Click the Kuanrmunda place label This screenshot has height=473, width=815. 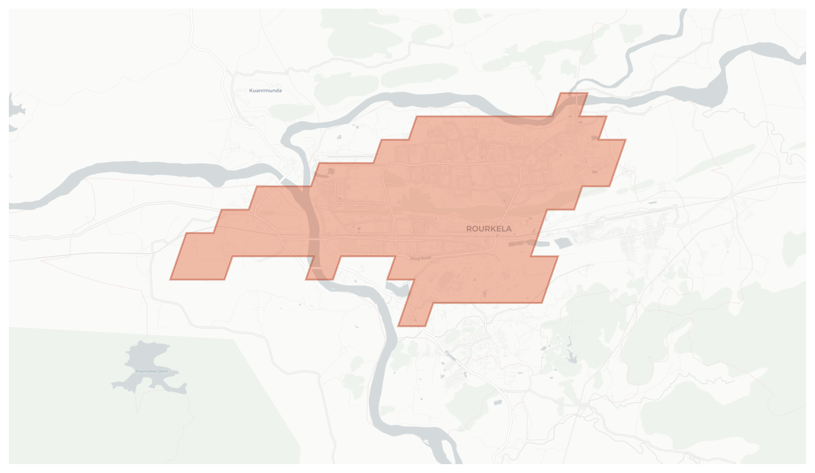pyautogui.click(x=265, y=91)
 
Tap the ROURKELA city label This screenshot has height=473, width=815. pyautogui.click(x=489, y=229)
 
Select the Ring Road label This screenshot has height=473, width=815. pyautogui.click(x=420, y=258)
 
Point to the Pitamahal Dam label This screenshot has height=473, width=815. pyautogui.click(x=152, y=371)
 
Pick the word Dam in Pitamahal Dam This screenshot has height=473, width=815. pyautogui.click(x=164, y=371)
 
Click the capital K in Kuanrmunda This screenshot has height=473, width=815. pyautogui.click(x=251, y=91)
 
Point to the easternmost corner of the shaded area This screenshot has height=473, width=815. pyautogui.click(x=625, y=140)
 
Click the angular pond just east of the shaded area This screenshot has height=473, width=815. pyautogui.click(x=563, y=243)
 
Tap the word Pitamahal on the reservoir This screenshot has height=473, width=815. pyautogui.click(x=146, y=371)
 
